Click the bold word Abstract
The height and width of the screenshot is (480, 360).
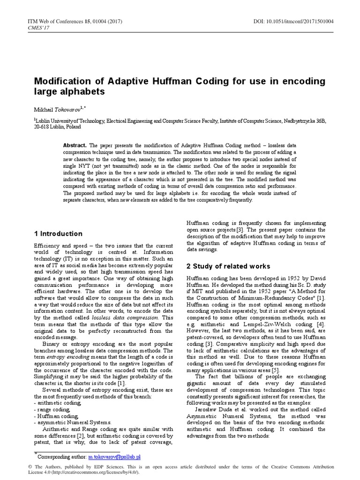coord(75,146)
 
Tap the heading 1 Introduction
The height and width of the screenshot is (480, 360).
coord(59,233)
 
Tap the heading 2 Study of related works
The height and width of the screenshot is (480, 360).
coord(228,266)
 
